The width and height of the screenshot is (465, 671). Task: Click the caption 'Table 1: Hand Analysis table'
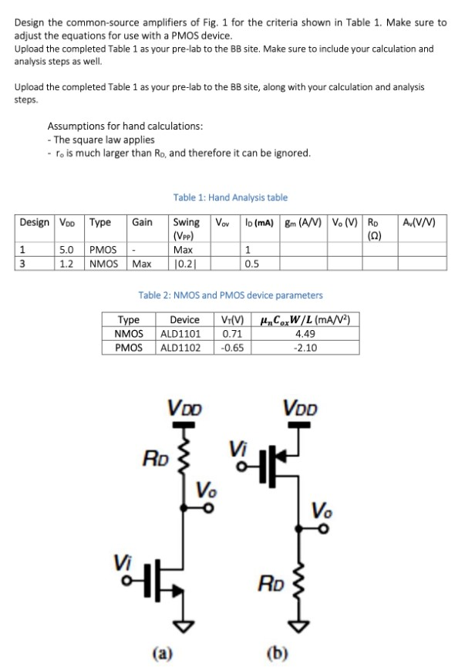point(231,198)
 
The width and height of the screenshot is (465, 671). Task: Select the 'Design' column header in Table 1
point(34,223)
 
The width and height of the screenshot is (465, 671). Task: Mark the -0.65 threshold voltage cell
point(232,348)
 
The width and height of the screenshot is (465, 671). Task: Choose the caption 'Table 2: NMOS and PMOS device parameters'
point(231,295)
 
